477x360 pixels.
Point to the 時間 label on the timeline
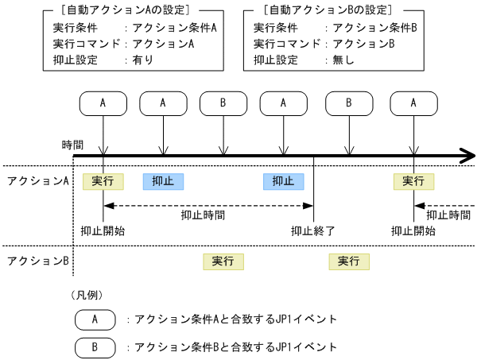[x=72, y=145]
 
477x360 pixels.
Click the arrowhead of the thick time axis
[x=465, y=156]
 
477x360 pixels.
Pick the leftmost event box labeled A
[x=103, y=103]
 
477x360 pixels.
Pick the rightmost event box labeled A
[x=413, y=103]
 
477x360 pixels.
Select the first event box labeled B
[x=223, y=103]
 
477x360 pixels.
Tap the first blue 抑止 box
[x=163, y=181]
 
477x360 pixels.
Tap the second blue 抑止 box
[x=283, y=181]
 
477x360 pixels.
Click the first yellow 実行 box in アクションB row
[x=223, y=261]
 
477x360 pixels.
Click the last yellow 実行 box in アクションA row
[x=413, y=181]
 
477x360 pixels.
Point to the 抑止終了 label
[x=313, y=231]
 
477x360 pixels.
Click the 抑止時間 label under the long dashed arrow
[x=202, y=215]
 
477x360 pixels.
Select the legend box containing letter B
[x=95, y=347]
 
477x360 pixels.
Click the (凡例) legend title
[x=87, y=295]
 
